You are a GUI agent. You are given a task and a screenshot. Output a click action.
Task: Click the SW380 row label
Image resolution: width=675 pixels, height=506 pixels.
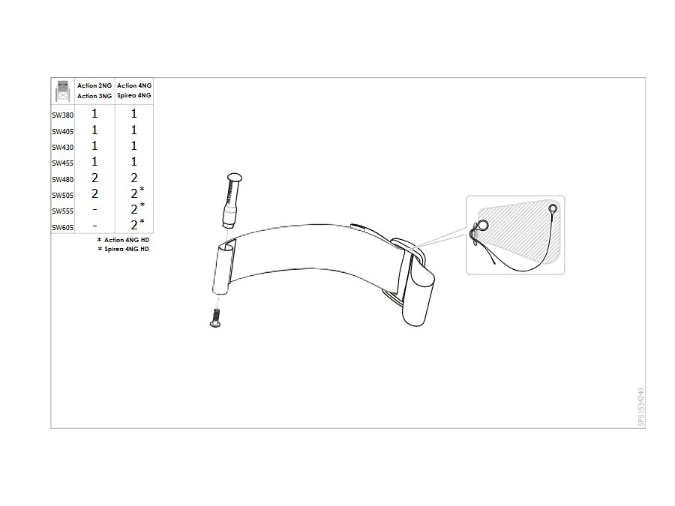63,115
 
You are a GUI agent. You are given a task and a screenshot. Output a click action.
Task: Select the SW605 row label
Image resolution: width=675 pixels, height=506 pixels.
63,228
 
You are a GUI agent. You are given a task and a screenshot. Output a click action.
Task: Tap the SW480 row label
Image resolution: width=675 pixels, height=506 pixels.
63,179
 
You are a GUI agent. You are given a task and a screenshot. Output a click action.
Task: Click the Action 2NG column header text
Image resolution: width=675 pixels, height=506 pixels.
94,85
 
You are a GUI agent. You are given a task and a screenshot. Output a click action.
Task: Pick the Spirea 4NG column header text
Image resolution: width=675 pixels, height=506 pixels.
134,95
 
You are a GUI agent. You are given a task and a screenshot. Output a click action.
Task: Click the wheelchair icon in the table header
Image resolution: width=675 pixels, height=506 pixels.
63,91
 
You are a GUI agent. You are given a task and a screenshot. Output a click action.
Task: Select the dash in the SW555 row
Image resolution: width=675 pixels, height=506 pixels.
94,210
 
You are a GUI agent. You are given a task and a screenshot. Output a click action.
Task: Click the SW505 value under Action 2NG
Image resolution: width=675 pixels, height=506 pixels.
94,194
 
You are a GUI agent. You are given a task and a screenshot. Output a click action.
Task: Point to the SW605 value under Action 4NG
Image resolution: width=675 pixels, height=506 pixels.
134,225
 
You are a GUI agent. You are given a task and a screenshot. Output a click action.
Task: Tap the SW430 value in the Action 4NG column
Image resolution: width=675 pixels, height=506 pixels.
134,146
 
